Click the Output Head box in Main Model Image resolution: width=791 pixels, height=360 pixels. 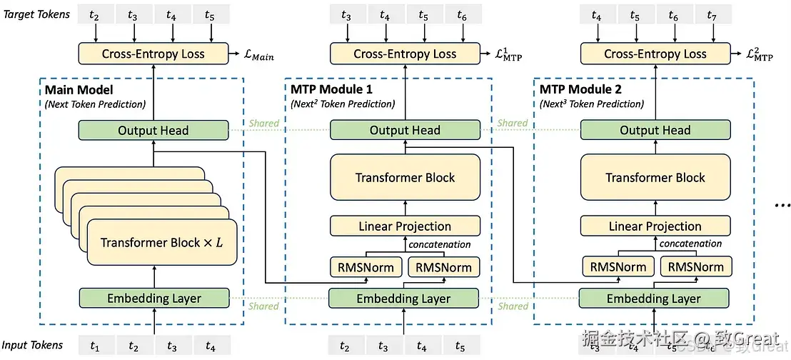(153, 130)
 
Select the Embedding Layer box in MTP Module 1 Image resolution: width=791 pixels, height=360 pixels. (403, 299)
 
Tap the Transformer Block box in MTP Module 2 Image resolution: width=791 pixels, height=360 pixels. (655, 178)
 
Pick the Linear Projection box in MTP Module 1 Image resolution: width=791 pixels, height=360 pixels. (405, 226)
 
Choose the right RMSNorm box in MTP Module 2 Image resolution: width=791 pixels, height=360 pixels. (692, 267)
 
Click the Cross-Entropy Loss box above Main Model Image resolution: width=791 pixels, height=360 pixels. (153, 54)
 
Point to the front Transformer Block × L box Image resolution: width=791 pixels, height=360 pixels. (161, 243)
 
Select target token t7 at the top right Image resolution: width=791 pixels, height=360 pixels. (711, 15)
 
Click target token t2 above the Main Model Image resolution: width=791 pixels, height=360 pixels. (94, 15)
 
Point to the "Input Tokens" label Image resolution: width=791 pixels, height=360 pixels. (32, 345)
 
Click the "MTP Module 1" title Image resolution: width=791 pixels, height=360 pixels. (331, 89)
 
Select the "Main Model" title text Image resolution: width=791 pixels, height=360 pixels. (79, 89)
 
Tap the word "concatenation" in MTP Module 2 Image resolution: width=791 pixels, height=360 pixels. (690, 244)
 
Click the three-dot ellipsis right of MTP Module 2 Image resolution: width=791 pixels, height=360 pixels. (781, 205)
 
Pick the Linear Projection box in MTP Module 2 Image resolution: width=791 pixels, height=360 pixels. (655, 226)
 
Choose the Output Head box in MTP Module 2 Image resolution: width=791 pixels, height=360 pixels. (655, 130)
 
